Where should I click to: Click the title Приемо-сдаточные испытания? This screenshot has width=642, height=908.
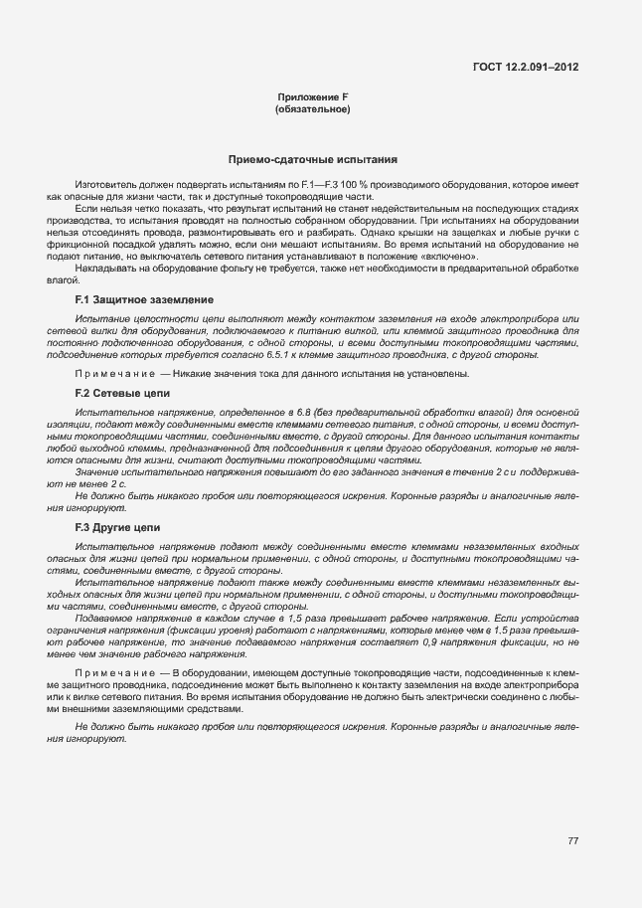[313, 159]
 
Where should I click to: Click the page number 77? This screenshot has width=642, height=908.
[572, 840]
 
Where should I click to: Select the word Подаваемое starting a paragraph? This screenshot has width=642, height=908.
[107, 619]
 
